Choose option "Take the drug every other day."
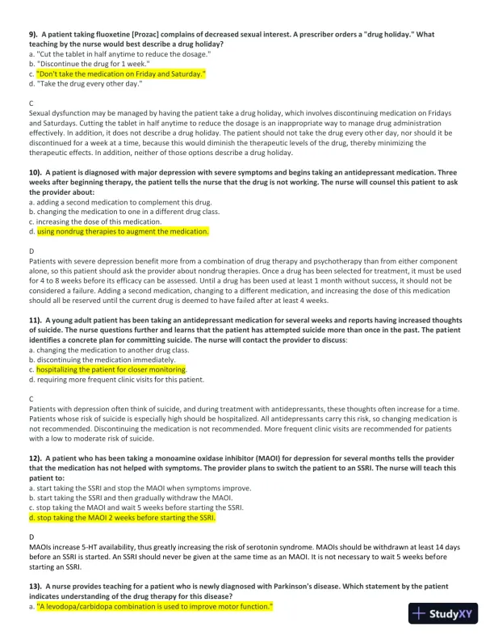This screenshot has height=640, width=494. [89, 82]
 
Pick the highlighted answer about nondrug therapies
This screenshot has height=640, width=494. [123, 230]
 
